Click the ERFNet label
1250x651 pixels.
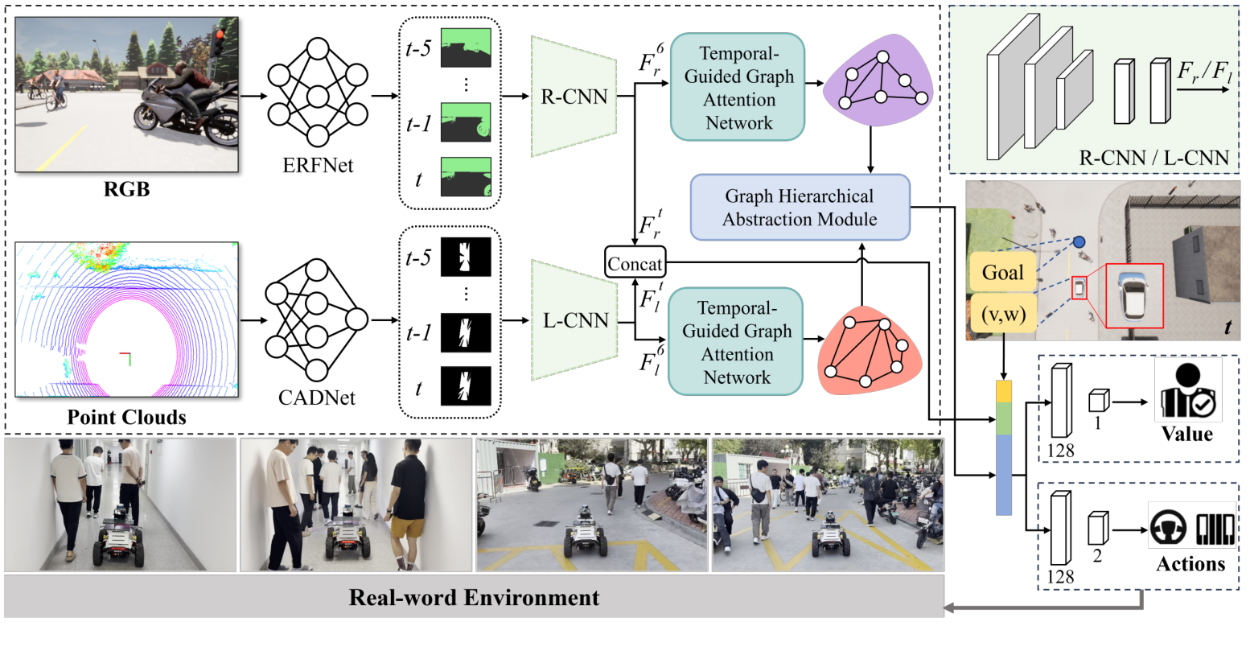(x=317, y=166)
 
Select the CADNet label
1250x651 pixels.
(x=317, y=397)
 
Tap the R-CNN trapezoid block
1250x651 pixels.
(x=574, y=97)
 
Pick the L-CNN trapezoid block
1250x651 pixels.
(x=574, y=320)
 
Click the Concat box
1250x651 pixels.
(x=635, y=263)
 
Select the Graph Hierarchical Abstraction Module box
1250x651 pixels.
(x=800, y=208)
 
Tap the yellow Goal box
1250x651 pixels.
(x=1003, y=272)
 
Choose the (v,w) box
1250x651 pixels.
(x=1003, y=314)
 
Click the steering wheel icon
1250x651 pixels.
(x=1169, y=530)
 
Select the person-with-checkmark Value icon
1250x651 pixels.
(x=1187, y=389)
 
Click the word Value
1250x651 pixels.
(x=1186, y=434)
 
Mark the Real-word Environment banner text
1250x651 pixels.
(x=474, y=598)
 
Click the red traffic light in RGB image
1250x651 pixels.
(x=217, y=33)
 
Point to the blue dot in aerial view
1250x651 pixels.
(x=1079, y=241)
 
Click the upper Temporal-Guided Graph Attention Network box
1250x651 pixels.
(x=738, y=88)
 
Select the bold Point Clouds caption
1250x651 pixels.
(x=126, y=418)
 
